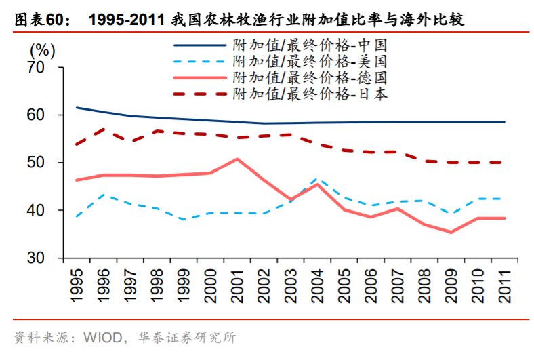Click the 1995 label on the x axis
pyautogui.click(x=77, y=283)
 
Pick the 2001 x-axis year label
pyautogui.click(x=237, y=283)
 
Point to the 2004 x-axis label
pyautogui.click(x=316, y=283)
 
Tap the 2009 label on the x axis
pyautogui.click(x=449, y=283)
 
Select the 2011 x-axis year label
pyautogui.click(x=502, y=283)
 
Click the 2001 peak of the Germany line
pyautogui.click(x=237, y=159)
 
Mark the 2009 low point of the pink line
pyautogui.click(x=449, y=232)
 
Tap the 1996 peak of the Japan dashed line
pyautogui.click(x=103, y=129)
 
